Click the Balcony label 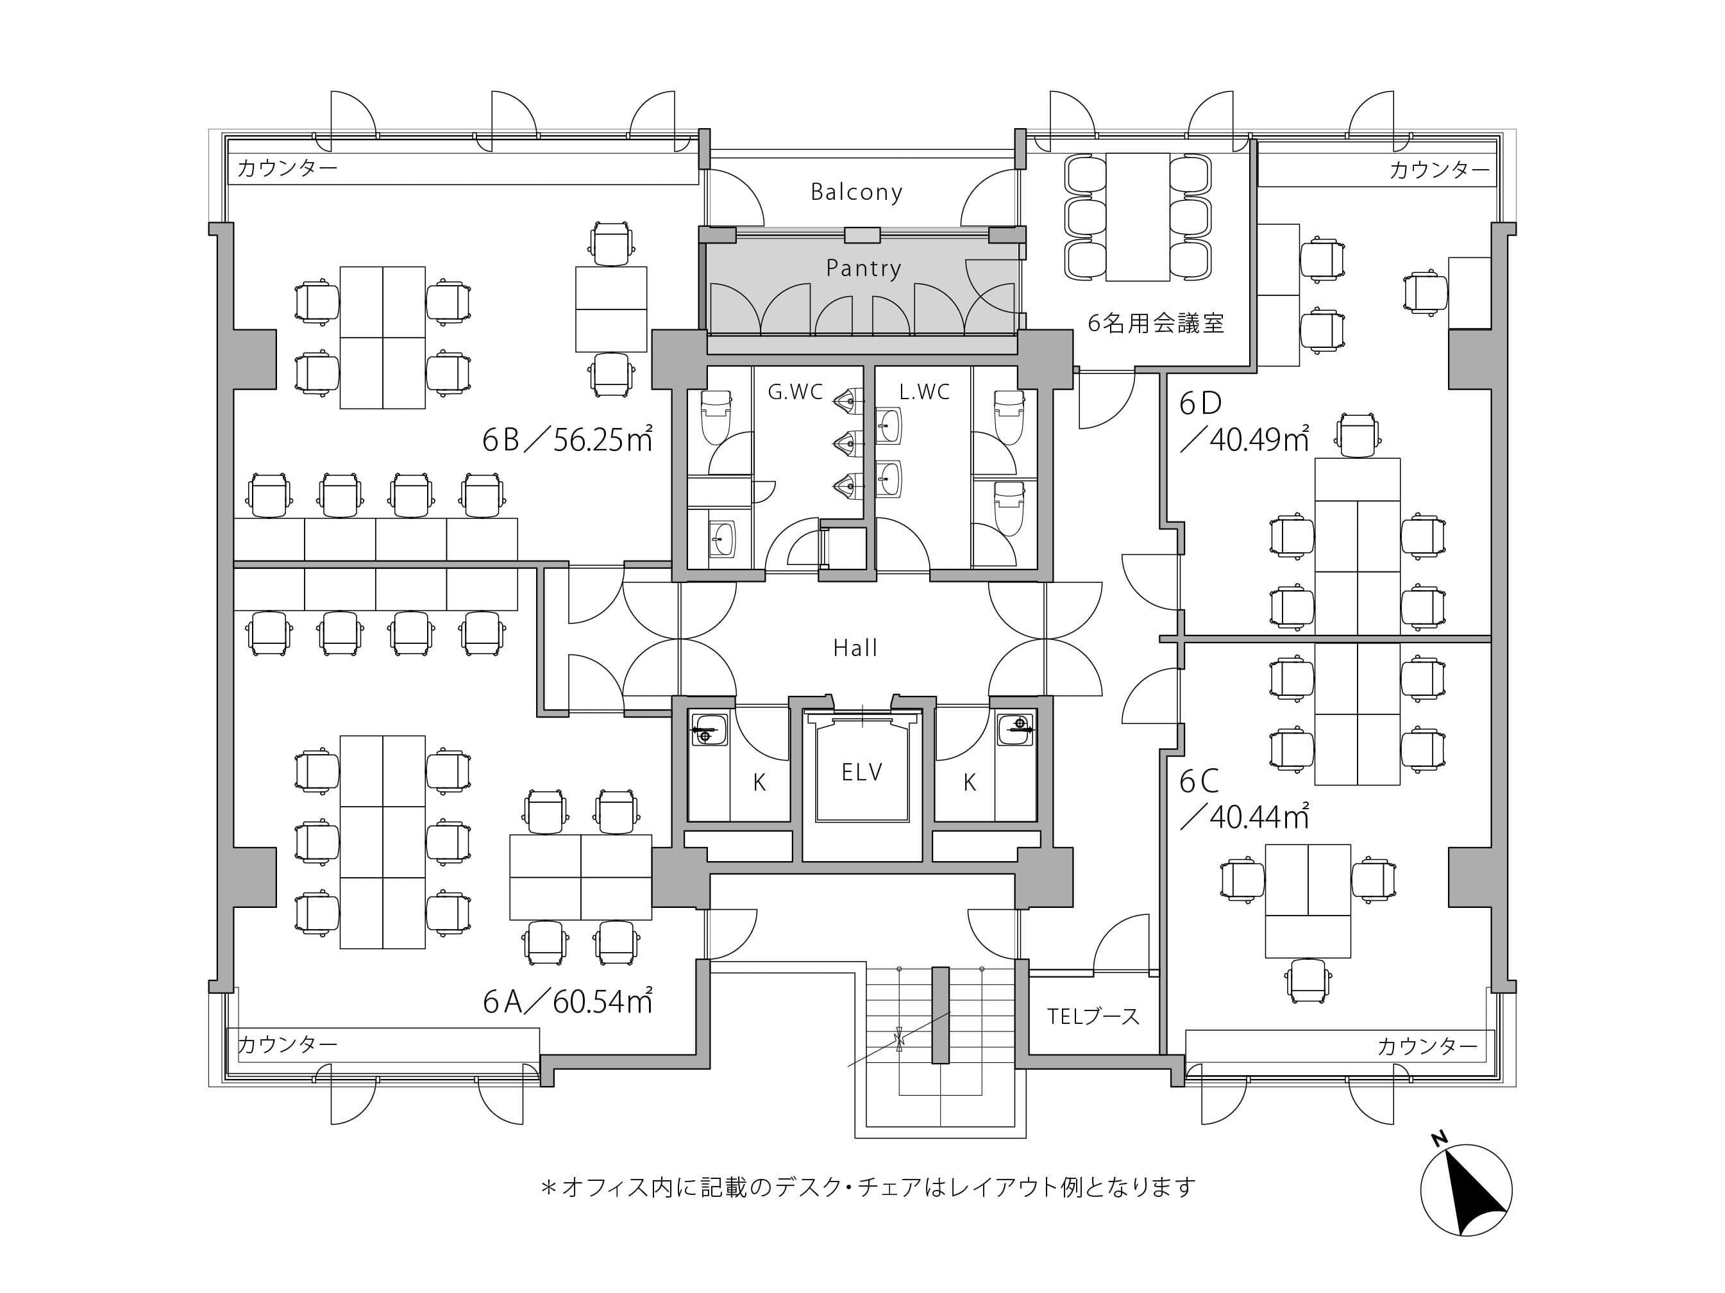[x=856, y=192]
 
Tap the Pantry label [x=863, y=268]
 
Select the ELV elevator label [x=862, y=771]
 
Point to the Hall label [x=855, y=648]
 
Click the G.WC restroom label [x=795, y=391]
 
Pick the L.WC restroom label [x=924, y=391]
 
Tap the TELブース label [x=1093, y=1016]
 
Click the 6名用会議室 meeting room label [x=1156, y=323]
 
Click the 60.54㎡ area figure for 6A [x=603, y=1001]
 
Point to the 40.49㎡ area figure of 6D [x=1259, y=440]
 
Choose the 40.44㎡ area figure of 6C [x=1259, y=817]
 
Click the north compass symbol [x=1466, y=1190]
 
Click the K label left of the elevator [x=759, y=782]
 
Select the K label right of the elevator [x=970, y=782]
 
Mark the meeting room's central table [x=1138, y=217]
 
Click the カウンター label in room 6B [x=287, y=168]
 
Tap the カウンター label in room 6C [x=1427, y=1046]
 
